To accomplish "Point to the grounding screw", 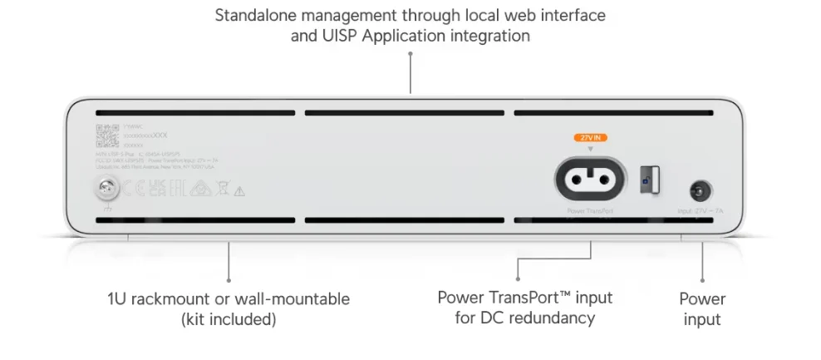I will (106, 190).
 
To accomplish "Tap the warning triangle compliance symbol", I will (239, 191).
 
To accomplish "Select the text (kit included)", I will (229, 318).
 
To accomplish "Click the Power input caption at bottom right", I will (702, 308).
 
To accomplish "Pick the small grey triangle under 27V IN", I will (591, 150).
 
